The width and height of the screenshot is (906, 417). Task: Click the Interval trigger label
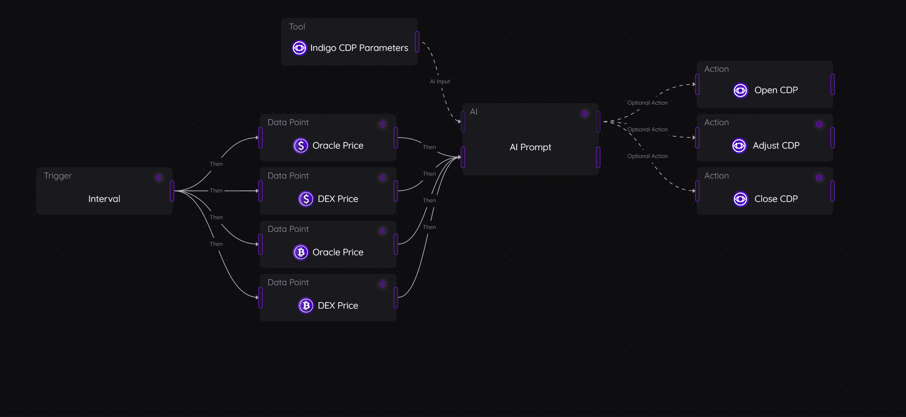tap(104, 199)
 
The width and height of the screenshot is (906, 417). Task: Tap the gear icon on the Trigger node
tap(159, 178)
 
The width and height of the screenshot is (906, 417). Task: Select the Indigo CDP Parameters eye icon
tap(299, 48)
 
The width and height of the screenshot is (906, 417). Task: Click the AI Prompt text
tap(530, 147)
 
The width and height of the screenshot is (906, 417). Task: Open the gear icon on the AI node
tap(585, 114)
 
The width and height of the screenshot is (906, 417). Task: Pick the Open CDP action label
tap(776, 90)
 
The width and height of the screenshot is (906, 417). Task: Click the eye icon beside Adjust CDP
tap(739, 146)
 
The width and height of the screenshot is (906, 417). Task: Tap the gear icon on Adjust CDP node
tap(819, 124)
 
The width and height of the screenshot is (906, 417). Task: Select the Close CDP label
tap(776, 199)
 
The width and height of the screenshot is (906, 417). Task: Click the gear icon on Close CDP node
tap(819, 178)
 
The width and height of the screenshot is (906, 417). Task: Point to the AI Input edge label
tap(440, 82)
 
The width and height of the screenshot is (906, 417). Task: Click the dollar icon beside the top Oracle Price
tap(301, 146)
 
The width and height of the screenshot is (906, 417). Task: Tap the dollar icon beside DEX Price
tap(306, 199)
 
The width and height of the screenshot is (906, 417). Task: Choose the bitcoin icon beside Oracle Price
tap(301, 252)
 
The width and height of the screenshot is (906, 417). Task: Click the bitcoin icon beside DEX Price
tap(306, 306)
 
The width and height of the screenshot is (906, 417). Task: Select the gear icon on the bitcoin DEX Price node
tap(383, 284)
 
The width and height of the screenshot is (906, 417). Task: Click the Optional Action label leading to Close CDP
tap(647, 156)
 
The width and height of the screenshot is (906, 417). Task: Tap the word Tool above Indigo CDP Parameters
tap(297, 27)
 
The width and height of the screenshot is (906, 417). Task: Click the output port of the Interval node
tap(172, 191)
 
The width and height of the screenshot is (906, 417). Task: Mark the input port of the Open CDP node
tap(697, 84)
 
